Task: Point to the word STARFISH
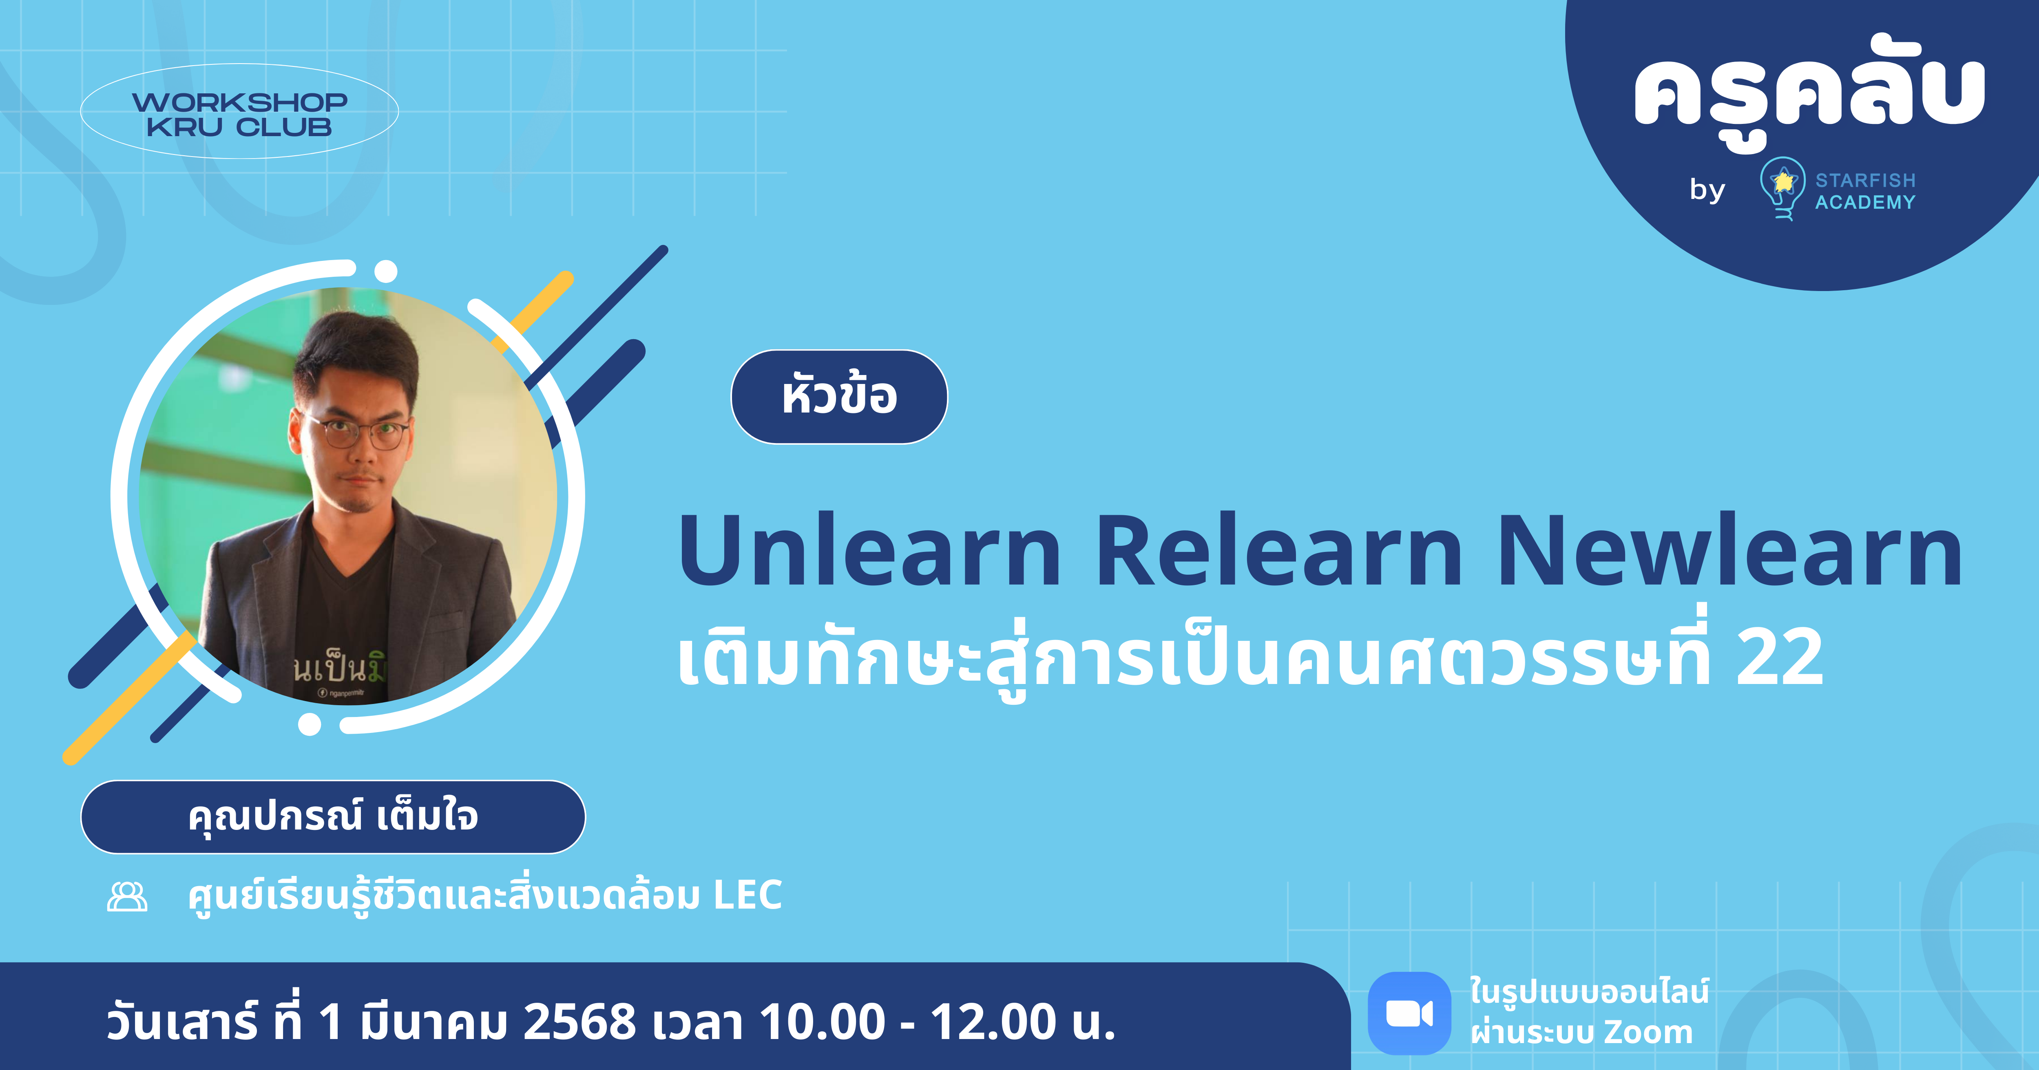click(1865, 181)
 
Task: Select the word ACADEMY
click(1865, 203)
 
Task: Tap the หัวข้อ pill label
click(839, 397)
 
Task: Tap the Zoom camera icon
click(1409, 1013)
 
